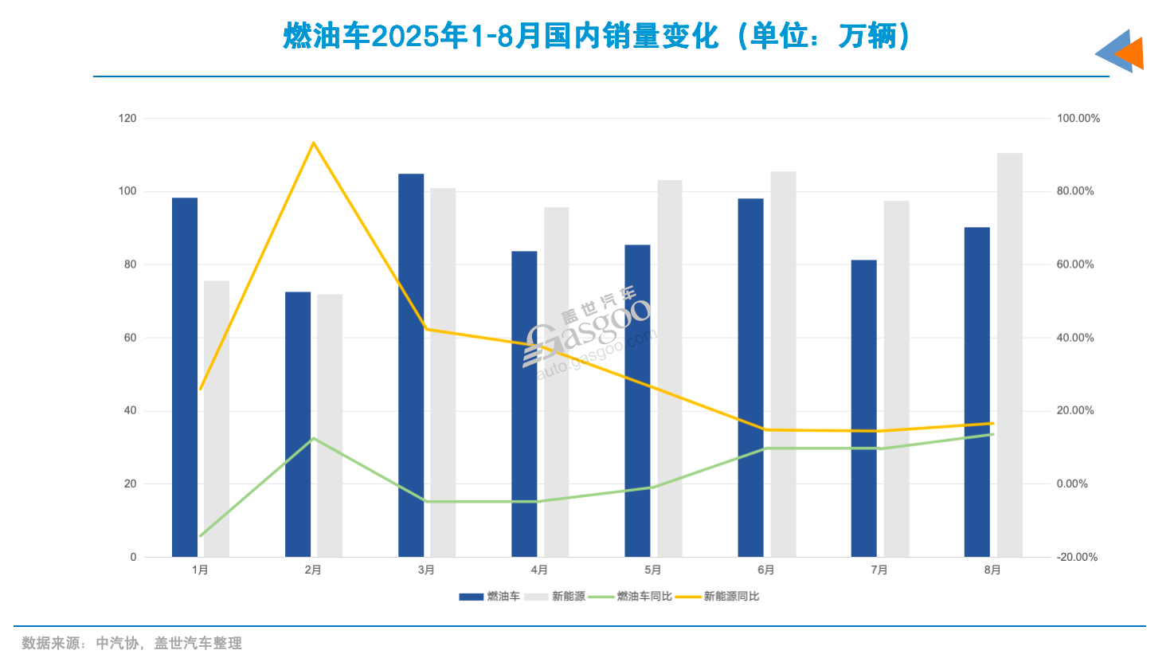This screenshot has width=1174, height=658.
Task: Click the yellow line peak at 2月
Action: pos(314,143)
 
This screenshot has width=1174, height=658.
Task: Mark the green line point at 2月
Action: pos(314,438)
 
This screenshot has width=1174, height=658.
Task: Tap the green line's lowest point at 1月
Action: pos(201,536)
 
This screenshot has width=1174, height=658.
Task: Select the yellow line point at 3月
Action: pos(427,329)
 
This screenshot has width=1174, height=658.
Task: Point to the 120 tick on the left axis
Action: pos(127,119)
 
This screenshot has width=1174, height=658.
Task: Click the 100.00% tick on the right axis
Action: pos(1078,119)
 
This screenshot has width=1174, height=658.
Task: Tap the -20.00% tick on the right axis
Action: pos(1077,558)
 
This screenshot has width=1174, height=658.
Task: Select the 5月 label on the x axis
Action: pos(653,570)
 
